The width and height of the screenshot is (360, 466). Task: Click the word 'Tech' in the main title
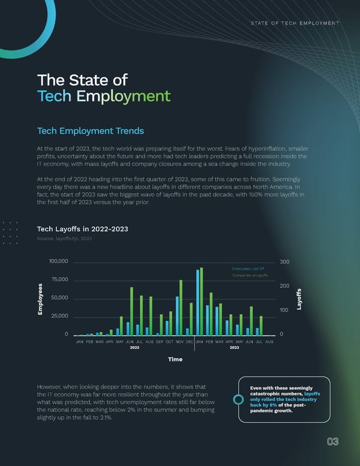click(54, 96)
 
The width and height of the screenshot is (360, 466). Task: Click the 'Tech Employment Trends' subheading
click(91, 131)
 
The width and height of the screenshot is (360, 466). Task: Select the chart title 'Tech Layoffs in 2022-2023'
click(83, 228)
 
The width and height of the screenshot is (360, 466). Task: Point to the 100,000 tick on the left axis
click(59, 262)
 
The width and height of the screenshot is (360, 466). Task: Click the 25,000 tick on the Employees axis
click(61, 316)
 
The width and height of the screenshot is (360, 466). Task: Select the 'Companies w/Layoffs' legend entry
click(250, 276)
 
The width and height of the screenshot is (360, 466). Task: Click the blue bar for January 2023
click(197, 303)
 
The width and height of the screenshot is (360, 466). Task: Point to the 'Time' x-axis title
click(175, 359)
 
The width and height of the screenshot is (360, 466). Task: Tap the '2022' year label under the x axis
click(134, 348)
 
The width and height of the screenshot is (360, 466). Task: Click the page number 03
click(332, 442)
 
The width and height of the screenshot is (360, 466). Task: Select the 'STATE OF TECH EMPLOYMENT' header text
click(295, 23)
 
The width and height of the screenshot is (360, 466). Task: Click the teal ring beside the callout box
click(238, 400)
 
